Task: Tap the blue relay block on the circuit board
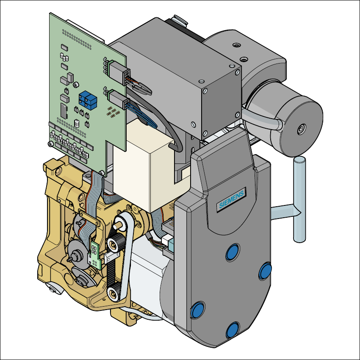88,100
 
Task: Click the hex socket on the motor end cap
301,130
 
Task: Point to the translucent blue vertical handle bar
299,199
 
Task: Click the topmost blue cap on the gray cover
233,252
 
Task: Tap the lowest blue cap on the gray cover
233,330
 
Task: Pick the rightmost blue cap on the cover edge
265,271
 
